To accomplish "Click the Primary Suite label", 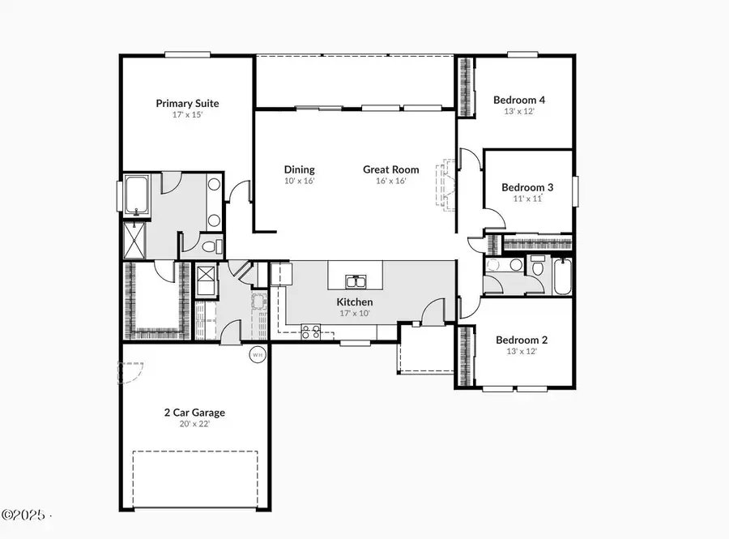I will (187, 103).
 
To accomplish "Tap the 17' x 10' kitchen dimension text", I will (355, 314).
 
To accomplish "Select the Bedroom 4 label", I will (519, 100).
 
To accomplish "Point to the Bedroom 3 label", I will (526, 186).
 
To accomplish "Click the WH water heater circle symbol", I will (258, 354).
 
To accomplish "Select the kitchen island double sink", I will (355, 282).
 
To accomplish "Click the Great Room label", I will (390, 169).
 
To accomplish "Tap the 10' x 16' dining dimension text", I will (299, 181).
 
